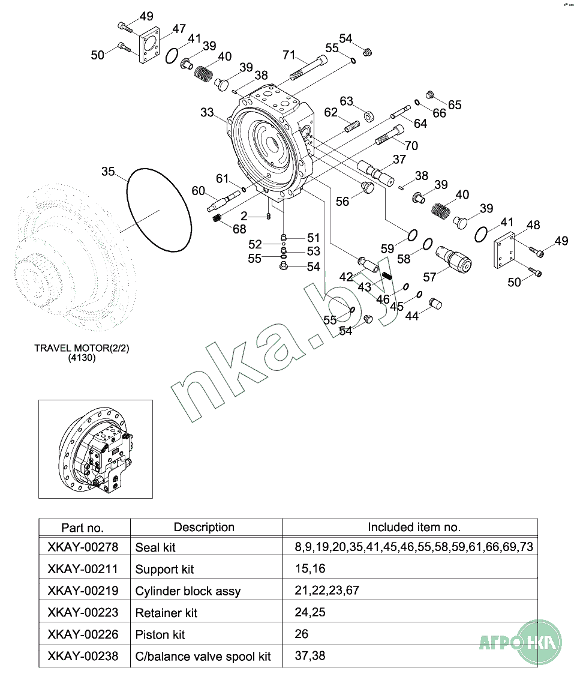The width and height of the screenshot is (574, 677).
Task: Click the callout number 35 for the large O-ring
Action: coord(107,172)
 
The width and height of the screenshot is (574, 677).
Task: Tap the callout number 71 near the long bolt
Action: coord(289,55)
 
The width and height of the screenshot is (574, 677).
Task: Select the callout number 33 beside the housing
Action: coord(207,112)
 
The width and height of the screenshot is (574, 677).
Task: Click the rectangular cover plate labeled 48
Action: coord(505,254)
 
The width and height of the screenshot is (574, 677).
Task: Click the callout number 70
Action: coord(411,145)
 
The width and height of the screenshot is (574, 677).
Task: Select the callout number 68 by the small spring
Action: coord(239,229)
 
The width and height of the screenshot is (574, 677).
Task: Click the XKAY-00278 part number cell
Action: coord(83,547)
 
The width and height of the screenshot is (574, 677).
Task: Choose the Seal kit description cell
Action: coord(155,547)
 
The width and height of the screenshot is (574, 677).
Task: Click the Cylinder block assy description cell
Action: coord(188,591)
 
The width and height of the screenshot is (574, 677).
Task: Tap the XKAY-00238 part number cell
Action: coord(83,656)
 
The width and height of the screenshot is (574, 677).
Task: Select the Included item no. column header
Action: coord(414,527)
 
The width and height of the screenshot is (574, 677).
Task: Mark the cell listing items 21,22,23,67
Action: coord(327,591)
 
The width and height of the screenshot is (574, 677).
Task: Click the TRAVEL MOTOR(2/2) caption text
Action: coord(82,348)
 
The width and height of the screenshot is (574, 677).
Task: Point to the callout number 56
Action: coord(342,202)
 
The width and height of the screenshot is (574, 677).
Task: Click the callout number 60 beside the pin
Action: coord(198,191)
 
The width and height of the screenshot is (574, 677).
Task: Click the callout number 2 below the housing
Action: coord(244,215)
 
